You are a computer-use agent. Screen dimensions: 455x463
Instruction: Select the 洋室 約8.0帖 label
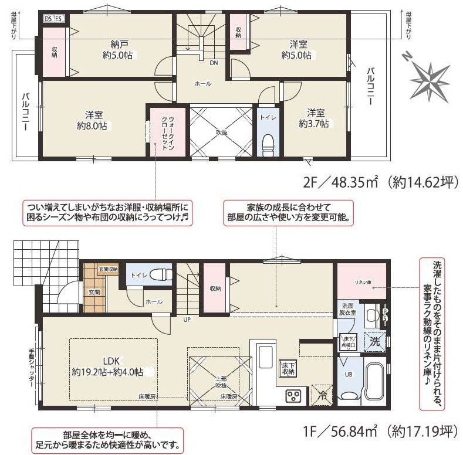93,120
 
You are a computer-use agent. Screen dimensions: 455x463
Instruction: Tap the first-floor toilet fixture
158,274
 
